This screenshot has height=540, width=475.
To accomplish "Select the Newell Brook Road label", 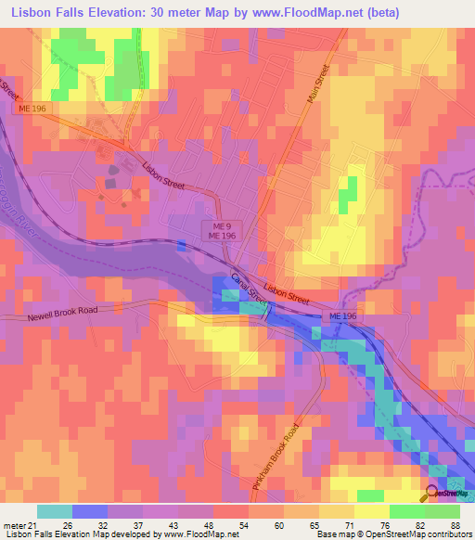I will (61, 313).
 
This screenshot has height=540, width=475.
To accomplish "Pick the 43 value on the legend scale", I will (197, 525).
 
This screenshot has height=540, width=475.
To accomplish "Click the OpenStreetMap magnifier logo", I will (432, 493).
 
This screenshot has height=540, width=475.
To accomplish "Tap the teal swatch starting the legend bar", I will (55, 511).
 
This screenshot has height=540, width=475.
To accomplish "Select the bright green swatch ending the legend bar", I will (443, 511).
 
